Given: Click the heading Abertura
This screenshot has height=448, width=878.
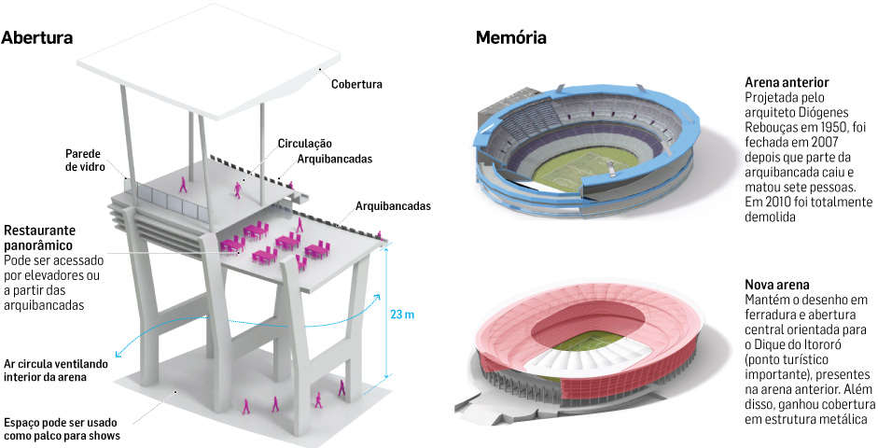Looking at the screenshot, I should [x=37, y=38].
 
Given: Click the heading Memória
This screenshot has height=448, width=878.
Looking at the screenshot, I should [x=511, y=38].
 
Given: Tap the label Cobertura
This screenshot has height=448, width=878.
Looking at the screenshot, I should [x=356, y=84].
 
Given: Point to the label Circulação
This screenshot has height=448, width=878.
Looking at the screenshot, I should [x=304, y=144].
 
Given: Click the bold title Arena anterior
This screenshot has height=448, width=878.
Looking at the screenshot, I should [x=787, y=83].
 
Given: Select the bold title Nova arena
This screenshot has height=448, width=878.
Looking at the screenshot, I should [x=776, y=285].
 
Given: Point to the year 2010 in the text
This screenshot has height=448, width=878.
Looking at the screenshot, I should [x=779, y=201].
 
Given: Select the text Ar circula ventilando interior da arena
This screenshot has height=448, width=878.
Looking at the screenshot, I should [x=56, y=371].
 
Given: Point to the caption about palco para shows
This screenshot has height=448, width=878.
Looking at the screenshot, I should [x=62, y=428].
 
